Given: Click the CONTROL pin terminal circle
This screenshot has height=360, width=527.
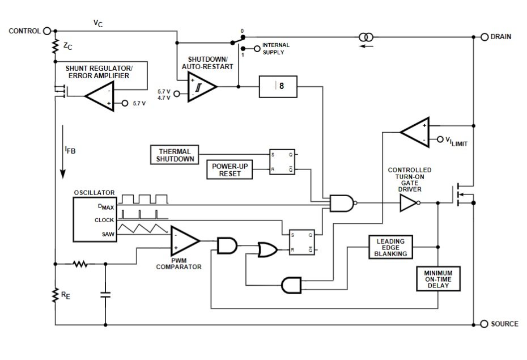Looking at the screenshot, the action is click(47, 31).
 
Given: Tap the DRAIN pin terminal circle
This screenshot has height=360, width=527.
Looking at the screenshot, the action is click(484, 37).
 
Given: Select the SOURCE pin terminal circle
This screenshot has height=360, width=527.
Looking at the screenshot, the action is click(484, 324).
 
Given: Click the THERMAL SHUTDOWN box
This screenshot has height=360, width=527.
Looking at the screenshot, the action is click(175, 155).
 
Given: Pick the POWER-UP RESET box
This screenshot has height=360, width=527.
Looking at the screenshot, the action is click(229, 170).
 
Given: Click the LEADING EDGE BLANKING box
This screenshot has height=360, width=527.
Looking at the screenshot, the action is click(390, 247).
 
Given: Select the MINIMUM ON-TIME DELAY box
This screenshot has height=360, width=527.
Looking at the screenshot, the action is click(438, 279).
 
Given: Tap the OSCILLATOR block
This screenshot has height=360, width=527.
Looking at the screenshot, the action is click(95, 219).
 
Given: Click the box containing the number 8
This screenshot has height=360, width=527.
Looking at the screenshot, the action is click(278, 87).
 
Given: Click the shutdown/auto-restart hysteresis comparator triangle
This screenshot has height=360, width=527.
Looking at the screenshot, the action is click(202, 87).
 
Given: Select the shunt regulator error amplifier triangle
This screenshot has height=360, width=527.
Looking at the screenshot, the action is click(100, 96).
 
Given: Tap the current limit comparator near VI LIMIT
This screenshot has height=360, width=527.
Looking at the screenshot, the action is click(415, 132).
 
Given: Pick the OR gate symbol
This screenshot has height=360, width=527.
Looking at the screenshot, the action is click(267, 250).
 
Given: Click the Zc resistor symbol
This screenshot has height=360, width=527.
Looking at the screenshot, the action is click(55, 46).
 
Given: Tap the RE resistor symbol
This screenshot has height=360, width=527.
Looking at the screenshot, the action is click(55, 295).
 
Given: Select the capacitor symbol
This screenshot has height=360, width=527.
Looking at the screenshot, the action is click(105, 295).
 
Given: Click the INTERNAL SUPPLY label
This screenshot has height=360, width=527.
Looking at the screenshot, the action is click(275, 49).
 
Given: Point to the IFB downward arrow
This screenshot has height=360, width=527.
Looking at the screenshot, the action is click(62, 152).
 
